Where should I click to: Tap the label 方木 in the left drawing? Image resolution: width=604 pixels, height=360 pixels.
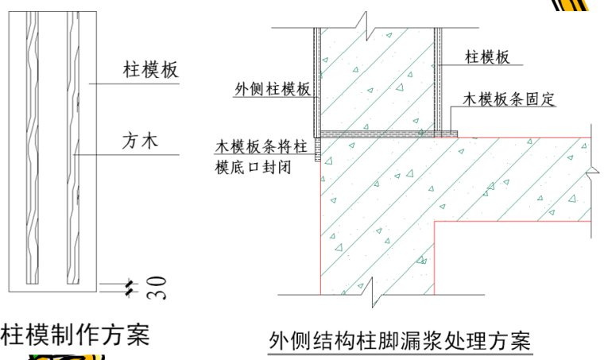click(x=140, y=141)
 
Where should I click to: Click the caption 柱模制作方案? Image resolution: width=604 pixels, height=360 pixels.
click(x=75, y=334)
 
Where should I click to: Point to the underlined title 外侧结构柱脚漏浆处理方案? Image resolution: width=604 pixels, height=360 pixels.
click(x=400, y=341)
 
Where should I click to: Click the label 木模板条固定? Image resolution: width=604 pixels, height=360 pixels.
click(x=508, y=100)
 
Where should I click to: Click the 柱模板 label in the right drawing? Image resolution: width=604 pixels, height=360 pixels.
click(x=487, y=56)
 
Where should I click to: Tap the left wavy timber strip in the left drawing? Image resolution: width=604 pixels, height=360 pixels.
click(x=31, y=151)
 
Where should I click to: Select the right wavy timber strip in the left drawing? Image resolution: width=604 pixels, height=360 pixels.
click(x=74, y=151)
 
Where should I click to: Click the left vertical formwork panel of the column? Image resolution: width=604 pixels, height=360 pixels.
click(x=316, y=79)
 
